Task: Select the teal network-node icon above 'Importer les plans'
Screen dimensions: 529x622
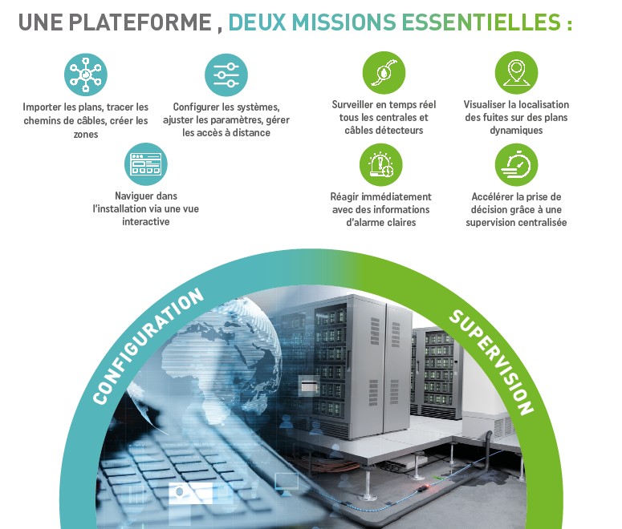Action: click(x=85, y=75)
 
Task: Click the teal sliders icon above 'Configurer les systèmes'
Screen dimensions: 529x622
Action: click(x=226, y=75)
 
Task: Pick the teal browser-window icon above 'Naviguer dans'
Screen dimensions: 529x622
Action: click(x=146, y=164)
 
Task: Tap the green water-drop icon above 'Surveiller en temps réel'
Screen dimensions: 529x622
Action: click(x=383, y=73)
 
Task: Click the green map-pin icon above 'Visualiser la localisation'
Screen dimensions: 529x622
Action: click(x=516, y=73)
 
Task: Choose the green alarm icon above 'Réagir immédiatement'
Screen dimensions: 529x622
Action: click(x=380, y=165)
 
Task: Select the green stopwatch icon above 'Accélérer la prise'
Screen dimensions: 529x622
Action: click(x=516, y=165)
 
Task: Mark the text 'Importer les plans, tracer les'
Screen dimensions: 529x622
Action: click(x=86, y=107)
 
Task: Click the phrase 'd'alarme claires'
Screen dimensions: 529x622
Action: click(x=380, y=222)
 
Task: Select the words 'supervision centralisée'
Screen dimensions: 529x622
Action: click(x=516, y=222)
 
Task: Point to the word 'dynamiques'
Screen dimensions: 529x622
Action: click(x=516, y=130)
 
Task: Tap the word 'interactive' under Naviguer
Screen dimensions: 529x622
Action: click(x=146, y=221)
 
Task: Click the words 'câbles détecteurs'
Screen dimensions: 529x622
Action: click(x=383, y=130)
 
